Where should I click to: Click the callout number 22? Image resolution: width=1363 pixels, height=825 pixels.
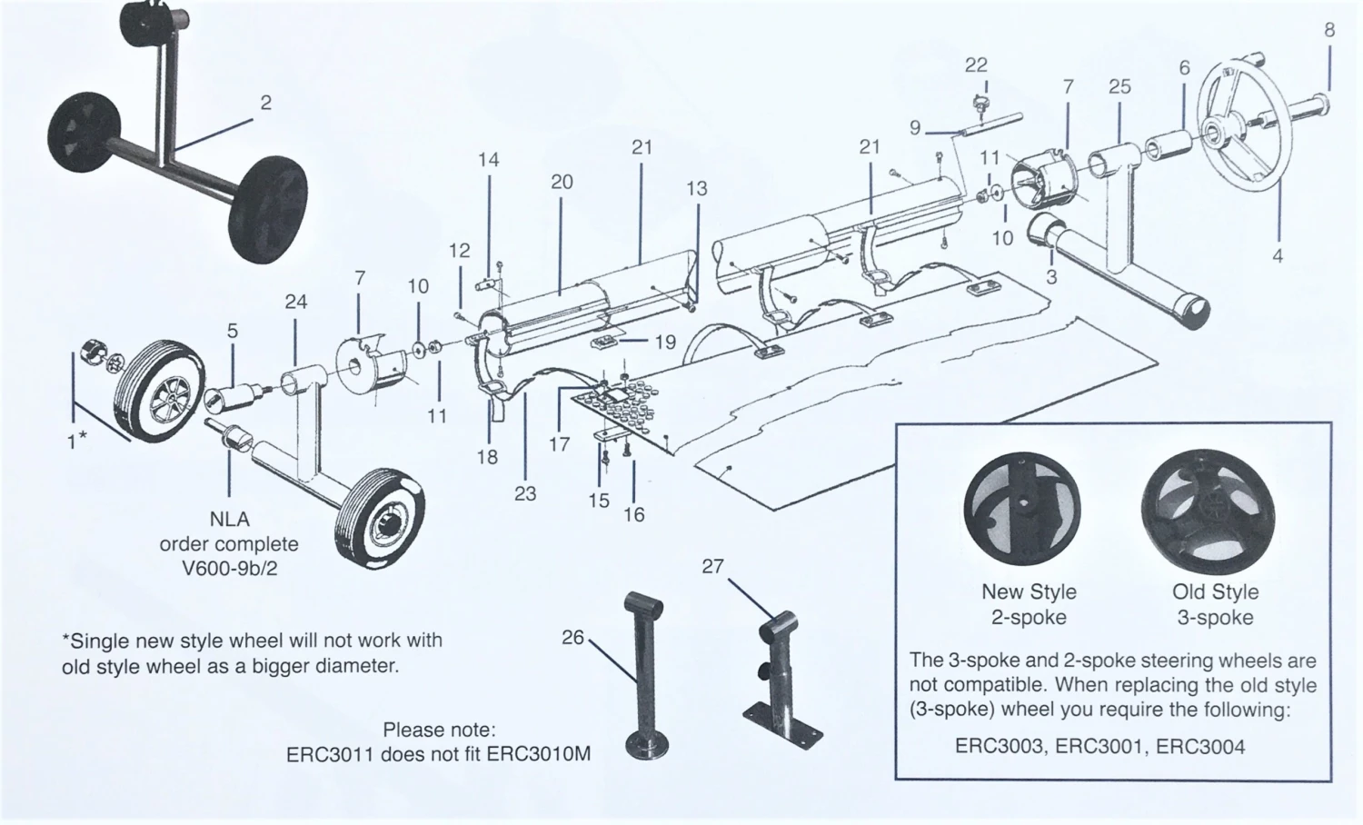click(x=976, y=65)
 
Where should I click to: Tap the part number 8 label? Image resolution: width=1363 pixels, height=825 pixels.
click(x=1329, y=30)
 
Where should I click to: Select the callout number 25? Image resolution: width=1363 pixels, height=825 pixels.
click(x=1119, y=86)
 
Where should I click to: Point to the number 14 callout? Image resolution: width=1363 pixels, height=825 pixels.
click(x=488, y=160)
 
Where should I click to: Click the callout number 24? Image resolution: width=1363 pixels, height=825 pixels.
click(x=296, y=302)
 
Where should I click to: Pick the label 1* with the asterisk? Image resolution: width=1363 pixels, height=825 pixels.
click(x=77, y=440)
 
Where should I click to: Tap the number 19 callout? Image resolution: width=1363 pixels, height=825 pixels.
click(x=665, y=342)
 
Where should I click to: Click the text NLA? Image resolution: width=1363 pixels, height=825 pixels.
click(x=229, y=519)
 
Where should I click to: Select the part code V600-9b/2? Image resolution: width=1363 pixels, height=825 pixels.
click(x=229, y=570)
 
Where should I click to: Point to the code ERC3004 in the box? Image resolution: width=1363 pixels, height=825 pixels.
click(x=1200, y=747)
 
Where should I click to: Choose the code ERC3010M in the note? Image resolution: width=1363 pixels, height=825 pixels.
click(x=539, y=755)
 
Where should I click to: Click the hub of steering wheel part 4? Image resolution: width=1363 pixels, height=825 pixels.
click(x=1216, y=134)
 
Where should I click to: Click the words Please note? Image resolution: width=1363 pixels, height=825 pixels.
click(x=439, y=730)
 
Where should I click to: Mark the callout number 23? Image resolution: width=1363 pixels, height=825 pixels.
click(x=525, y=493)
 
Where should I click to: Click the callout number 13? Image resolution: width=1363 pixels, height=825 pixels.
click(x=696, y=189)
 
